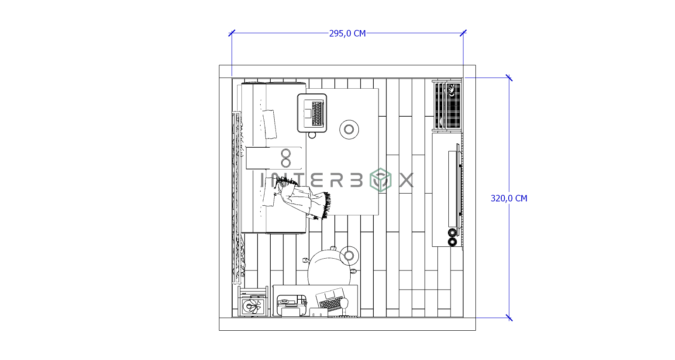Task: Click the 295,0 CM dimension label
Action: tap(347, 34)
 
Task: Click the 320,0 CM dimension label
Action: tap(509, 198)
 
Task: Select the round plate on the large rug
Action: tap(349, 129)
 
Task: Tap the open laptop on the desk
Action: tap(331, 300)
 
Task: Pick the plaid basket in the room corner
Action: tap(447, 105)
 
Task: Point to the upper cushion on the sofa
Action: tap(269, 124)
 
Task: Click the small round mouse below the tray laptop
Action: tap(312, 135)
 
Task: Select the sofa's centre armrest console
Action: tap(275, 158)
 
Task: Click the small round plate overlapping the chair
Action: tap(349, 255)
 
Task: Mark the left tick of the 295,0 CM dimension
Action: tap(232, 33)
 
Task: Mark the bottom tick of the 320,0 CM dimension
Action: tap(509, 318)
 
